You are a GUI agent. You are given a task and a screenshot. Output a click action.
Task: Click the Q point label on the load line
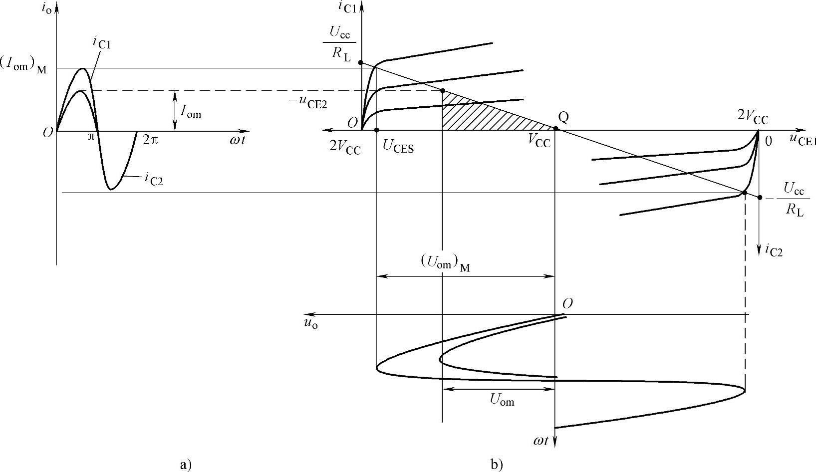tap(563, 118)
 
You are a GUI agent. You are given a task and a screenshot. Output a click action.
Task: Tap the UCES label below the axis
tap(398, 147)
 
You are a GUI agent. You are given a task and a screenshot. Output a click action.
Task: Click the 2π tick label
tap(150, 140)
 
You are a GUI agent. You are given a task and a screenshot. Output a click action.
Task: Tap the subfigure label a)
tap(185, 465)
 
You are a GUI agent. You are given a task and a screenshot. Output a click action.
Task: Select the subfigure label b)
tap(496, 465)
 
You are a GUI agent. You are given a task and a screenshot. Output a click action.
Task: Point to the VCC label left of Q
tap(539, 142)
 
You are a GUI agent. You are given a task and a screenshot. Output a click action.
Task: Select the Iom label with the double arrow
tap(191, 114)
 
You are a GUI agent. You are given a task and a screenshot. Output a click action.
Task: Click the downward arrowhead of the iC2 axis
tap(759, 246)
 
